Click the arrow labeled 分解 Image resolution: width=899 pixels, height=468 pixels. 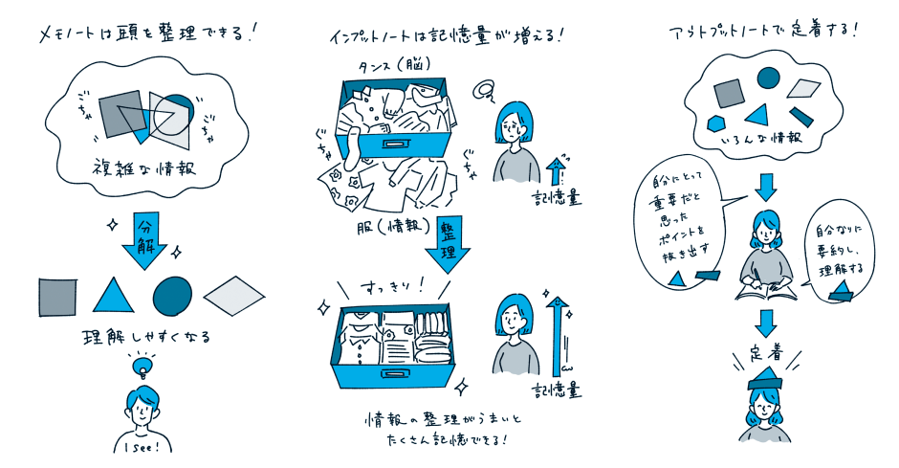tap(143, 241)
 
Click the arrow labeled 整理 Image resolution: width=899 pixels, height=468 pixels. tap(449, 243)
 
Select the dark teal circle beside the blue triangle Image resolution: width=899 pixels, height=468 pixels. tap(172, 296)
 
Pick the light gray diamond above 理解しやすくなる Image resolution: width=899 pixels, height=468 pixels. tap(234, 296)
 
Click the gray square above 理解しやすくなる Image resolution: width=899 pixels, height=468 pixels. tap(56, 298)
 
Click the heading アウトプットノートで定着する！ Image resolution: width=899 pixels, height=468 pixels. tap(763, 30)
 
